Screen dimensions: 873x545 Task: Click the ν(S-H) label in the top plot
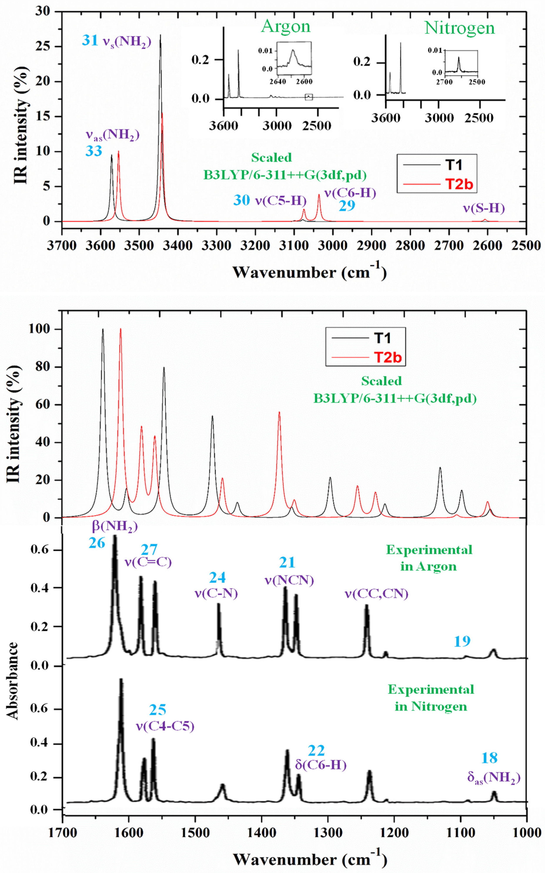(x=484, y=208)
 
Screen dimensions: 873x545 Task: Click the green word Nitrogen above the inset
(x=460, y=28)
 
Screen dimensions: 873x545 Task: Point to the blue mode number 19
(x=462, y=641)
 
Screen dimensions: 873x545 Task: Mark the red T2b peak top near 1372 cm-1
(x=279, y=412)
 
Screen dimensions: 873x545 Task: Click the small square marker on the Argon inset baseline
(x=309, y=97)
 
